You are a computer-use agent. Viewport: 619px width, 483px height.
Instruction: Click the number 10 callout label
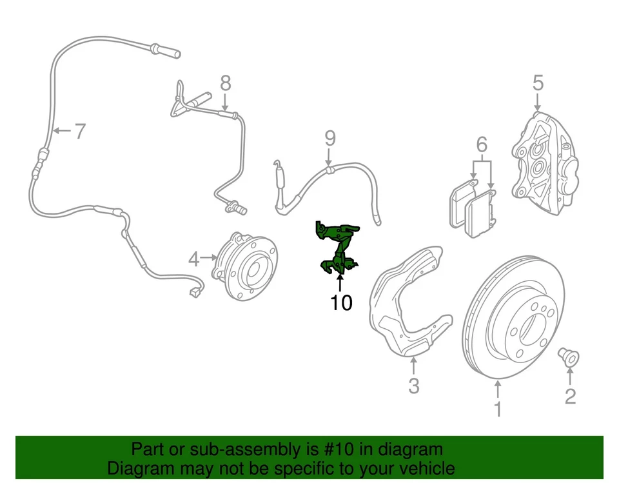341,302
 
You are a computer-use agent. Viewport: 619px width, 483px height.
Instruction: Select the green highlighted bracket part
337,248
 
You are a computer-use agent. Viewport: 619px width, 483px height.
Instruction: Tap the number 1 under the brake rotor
497,409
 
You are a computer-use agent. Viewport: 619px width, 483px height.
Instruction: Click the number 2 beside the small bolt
570,395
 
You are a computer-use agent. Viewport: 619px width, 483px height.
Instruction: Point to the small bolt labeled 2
569,356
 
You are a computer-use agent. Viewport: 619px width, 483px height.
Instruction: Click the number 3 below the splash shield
413,386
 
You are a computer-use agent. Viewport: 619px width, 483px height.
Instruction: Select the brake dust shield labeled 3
405,303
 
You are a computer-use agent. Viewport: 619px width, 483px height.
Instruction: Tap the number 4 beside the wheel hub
194,259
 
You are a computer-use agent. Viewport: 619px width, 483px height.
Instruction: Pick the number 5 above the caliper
538,83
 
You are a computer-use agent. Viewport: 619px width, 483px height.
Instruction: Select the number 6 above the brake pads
482,145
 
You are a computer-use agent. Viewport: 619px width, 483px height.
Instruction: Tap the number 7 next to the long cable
79,132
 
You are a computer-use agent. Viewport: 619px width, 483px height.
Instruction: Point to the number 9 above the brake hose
329,137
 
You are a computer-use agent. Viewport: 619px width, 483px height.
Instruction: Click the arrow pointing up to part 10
340,282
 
